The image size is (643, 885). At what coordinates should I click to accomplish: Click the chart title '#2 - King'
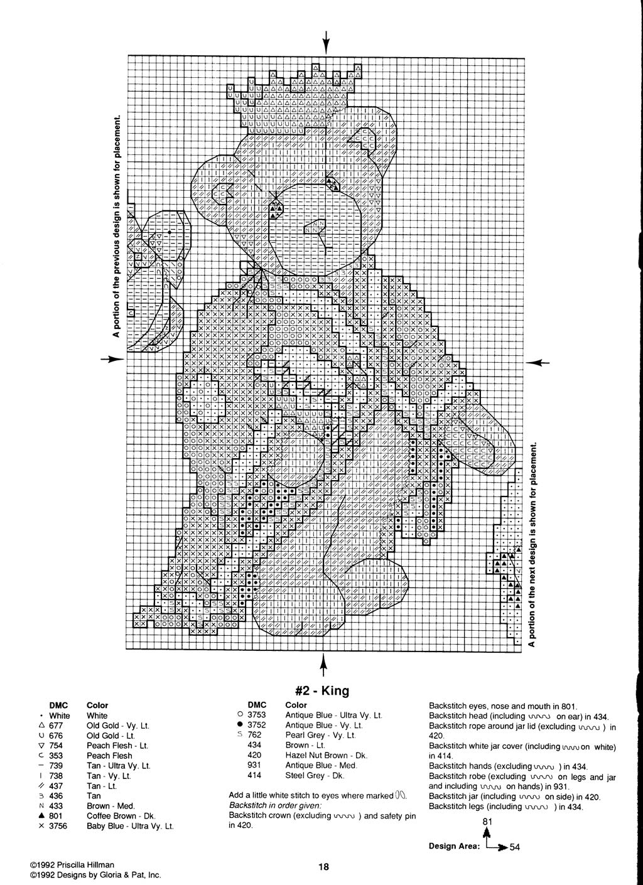click(x=321, y=691)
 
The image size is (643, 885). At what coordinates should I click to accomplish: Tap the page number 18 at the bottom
click(x=323, y=867)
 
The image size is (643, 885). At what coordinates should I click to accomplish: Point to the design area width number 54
click(x=515, y=847)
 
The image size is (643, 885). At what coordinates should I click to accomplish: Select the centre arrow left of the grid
click(x=112, y=359)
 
